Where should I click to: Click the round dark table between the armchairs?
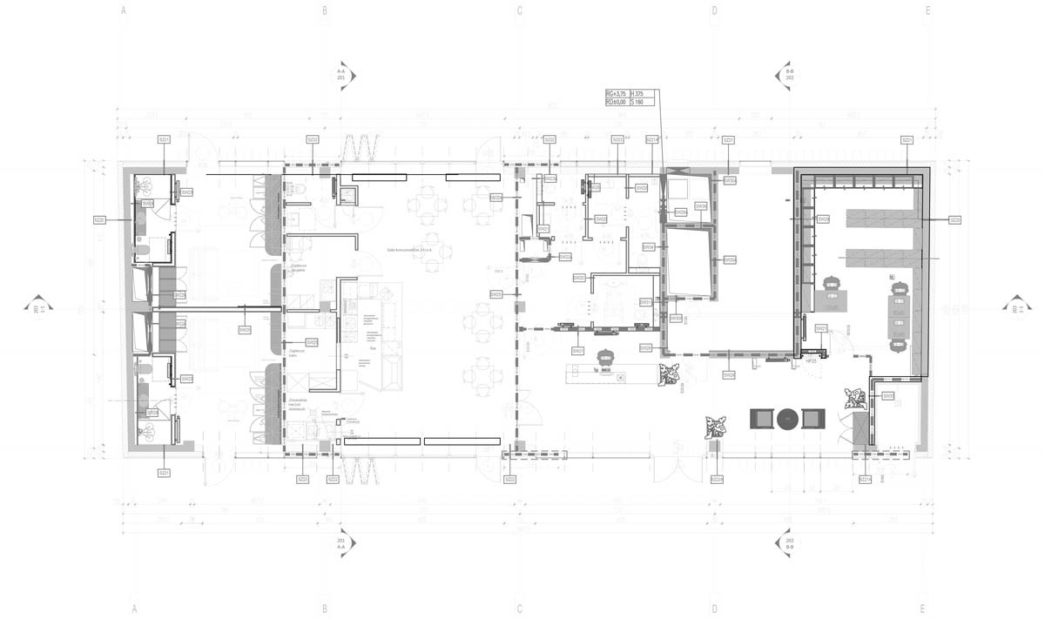click(x=788, y=419)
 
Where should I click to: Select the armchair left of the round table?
click(x=762, y=419)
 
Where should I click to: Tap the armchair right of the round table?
click(x=813, y=419)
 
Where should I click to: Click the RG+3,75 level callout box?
click(x=624, y=98)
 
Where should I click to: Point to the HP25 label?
click(x=810, y=360)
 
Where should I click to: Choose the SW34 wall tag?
click(x=649, y=247)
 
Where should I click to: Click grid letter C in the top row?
click(x=520, y=11)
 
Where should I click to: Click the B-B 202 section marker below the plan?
click(x=790, y=542)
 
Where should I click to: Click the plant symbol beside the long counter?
click(x=671, y=374)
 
